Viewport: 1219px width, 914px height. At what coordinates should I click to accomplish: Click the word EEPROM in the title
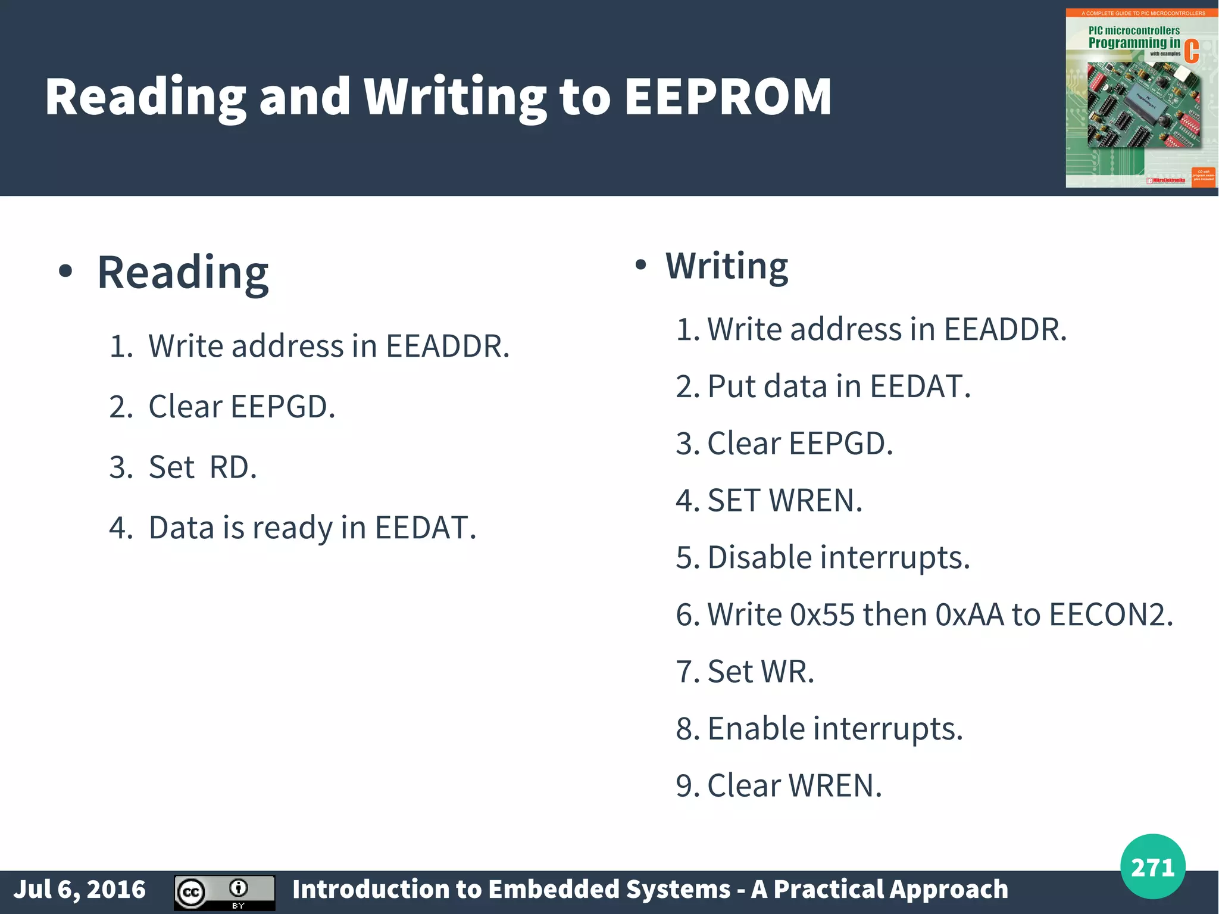[x=727, y=97]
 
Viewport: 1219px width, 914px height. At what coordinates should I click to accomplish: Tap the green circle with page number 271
[x=1152, y=866]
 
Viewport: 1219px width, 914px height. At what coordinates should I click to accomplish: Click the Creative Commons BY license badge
[x=224, y=892]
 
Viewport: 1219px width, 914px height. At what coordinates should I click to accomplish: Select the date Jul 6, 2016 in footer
[x=80, y=889]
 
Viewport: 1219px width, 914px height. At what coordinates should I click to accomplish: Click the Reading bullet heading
[x=183, y=273]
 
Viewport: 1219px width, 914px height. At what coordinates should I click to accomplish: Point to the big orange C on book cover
[x=1191, y=51]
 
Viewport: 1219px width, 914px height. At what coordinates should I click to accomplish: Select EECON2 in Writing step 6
[x=1111, y=614]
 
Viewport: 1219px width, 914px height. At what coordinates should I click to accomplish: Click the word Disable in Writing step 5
[x=759, y=558]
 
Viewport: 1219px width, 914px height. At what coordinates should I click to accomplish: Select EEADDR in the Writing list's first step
[x=1005, y=329]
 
